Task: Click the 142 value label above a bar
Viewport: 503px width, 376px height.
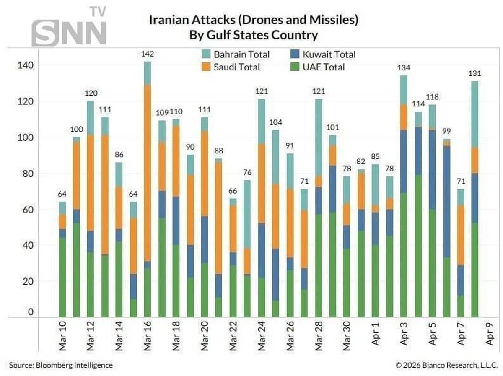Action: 148,54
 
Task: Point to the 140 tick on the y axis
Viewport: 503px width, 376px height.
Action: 25,65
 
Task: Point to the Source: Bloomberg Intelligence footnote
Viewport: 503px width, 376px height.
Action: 61,365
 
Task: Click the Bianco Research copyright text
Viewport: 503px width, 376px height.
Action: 447,365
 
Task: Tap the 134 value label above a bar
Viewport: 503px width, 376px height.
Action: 404,68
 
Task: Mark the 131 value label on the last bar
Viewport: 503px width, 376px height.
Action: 474,74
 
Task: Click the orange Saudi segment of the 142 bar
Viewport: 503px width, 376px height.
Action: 148,172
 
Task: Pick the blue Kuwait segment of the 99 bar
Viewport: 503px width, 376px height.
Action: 446,201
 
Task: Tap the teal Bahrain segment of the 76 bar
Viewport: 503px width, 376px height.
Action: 247,214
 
